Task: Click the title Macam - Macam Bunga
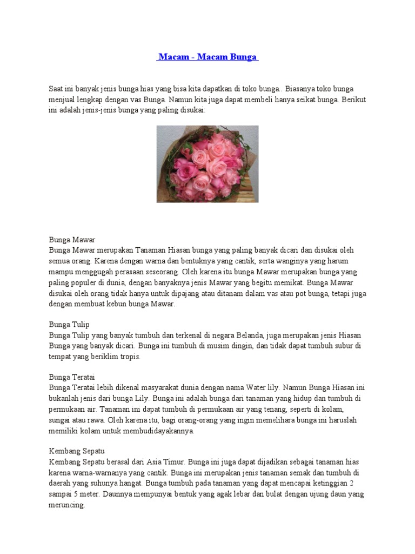(x=207, y=57)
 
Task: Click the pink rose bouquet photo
(x=207, y=164)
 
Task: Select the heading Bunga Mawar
(x=72, y=240)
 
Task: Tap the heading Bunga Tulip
(x=69, y=325)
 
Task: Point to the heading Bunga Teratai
(x=72, y=377)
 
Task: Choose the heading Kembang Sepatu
(x=76, y=451)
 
